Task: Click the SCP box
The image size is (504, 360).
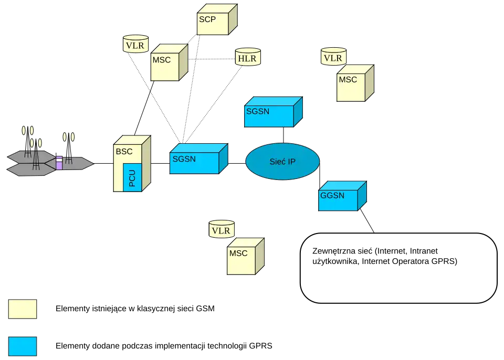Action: pyautogui.click(x=215, y=22)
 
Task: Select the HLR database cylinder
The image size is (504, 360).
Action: pyautogui.click(x=247, y=57)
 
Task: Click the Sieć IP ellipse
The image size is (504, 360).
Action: pyautogui.click(x=282, y=161)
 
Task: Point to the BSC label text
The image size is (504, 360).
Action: pyautogui.click(x=124, y=152)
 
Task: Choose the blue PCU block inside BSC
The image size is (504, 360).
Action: pyautogui.click(x=132, y=177)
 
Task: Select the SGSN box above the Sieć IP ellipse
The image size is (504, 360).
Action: pyautogui.click(x=269, y=114)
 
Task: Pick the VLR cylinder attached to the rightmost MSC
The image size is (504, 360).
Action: pyautogui.click(x=333, y=57)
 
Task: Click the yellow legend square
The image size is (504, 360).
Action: pyautogui.click(x=23, y=309)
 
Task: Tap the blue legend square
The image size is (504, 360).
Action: pyautogui.click(x=23, y=346)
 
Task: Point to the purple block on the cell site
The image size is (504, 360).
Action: pyautogui.click(x=59, y=162)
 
